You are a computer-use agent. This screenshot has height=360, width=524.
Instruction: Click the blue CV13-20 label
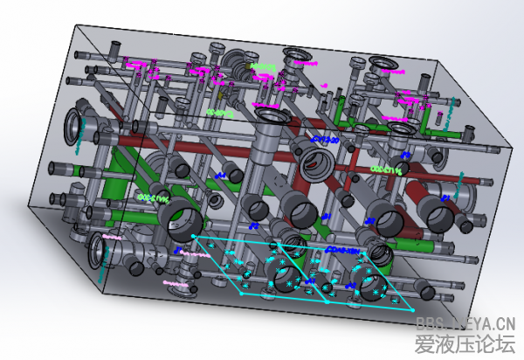[325, 139]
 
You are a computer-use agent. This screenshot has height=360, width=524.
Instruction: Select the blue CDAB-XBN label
[342, 250]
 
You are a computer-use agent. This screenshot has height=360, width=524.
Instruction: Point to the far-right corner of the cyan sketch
[413, 309]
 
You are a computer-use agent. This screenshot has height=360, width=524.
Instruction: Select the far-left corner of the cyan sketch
[193, 237]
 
